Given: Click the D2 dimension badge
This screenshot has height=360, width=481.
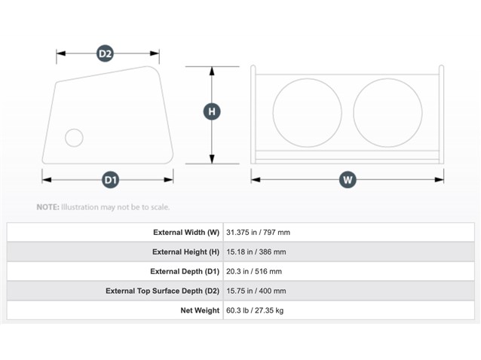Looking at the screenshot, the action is click(x=105, y=53).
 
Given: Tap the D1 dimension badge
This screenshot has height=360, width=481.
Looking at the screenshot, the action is click(x=110, y=179).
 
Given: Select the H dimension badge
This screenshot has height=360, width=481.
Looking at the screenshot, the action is click(x=212, y=111).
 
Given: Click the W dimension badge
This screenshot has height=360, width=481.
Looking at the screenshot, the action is click(x=348, y=179).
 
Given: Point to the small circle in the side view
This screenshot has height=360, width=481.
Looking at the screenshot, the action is click(x=66, y=138).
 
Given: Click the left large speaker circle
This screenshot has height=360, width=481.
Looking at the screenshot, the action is click(x=273, y=113).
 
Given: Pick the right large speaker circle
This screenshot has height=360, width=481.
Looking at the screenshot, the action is click(x=354, y=113).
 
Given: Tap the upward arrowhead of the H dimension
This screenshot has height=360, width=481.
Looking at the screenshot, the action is click(x=212, y=71).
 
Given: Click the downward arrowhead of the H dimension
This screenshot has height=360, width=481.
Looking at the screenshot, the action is click(x=212, y=159).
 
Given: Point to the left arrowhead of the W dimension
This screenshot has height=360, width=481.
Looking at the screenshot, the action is click(x=256, y=179).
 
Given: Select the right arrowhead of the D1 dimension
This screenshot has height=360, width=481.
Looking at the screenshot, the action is click(x=168, y=179).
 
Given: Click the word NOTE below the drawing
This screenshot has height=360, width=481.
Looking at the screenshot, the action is click(x=47, y=207).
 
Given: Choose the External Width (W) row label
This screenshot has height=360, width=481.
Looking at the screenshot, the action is click(x=186, y=233).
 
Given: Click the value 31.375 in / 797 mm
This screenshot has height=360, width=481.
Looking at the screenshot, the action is click(x=258, y=233).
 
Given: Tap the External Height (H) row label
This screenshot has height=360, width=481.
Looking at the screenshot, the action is click(x=186, y=252).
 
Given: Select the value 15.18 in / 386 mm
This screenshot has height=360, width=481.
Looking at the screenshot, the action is click(x=256, y=252).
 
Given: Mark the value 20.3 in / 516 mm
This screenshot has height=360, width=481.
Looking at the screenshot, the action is click(x=254, y=271).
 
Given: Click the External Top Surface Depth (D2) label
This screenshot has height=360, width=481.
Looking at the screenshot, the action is click(x=163, y=291).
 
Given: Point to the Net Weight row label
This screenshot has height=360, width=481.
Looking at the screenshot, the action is click(x=200, y=311).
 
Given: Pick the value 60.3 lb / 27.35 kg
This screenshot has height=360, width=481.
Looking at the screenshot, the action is click(x=255, y=311).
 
